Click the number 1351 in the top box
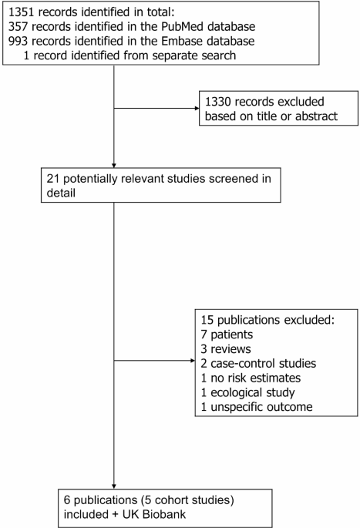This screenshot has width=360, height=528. click(x=22, y=12)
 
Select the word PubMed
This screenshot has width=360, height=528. click(x=183, y=27)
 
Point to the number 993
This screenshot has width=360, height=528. click(x=19, y=41)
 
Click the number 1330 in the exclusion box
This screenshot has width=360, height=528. click(x=218, y=102)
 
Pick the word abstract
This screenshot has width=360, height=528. click(x=316, y=116)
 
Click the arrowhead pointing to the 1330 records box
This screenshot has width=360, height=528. click(x=197, y=109)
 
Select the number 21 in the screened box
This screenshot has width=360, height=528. click(x=53, y=179)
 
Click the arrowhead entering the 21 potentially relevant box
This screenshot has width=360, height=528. click(x=114, y=166)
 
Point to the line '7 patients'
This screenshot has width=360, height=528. click(x=227, y=335)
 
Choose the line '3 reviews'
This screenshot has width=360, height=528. click(x=226, y=349)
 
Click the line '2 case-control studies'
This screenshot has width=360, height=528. click(x=258, y=363)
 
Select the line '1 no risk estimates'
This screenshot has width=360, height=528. click(x=251, y=378)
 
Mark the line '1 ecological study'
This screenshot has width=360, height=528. click(x=247, y=392)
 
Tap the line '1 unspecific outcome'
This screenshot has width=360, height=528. click(x=257, y=407)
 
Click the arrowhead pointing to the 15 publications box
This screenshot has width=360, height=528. click(x=193, y=361)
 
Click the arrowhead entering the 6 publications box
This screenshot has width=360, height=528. click(x=114, y=486)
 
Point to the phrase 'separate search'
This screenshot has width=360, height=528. click(x=194, y=55)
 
